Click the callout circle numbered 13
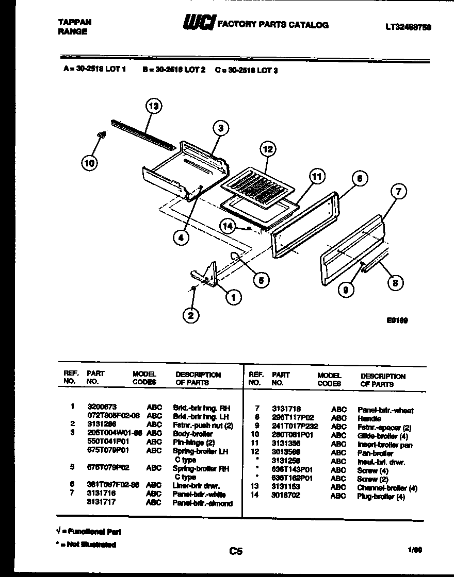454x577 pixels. pyautogui.click(x=152, y=107)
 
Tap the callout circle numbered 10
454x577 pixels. pyautogui.click(x=90, y=163)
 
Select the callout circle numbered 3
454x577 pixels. pyautogui.click(x=220, y=128)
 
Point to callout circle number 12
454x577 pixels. pyautogui.click(x=267, y=150)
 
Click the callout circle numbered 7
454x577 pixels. pyautogui.click(x=398, y=193)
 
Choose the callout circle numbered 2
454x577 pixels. pyautogui.click(x=191, y=315)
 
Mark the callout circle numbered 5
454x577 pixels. pyautogui.click(x=261, y=280)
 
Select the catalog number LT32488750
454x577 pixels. pyautogui.click(x=408, y=27)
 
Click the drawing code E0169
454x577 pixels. pyautogui.click(x=397, y=320)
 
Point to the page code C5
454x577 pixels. pyautogui.click(x=236, y=551)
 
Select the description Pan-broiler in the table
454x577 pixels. pyautogui.click(x=375, y=453)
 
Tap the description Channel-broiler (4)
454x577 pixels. pyautogui.click(x=387, y=488)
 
